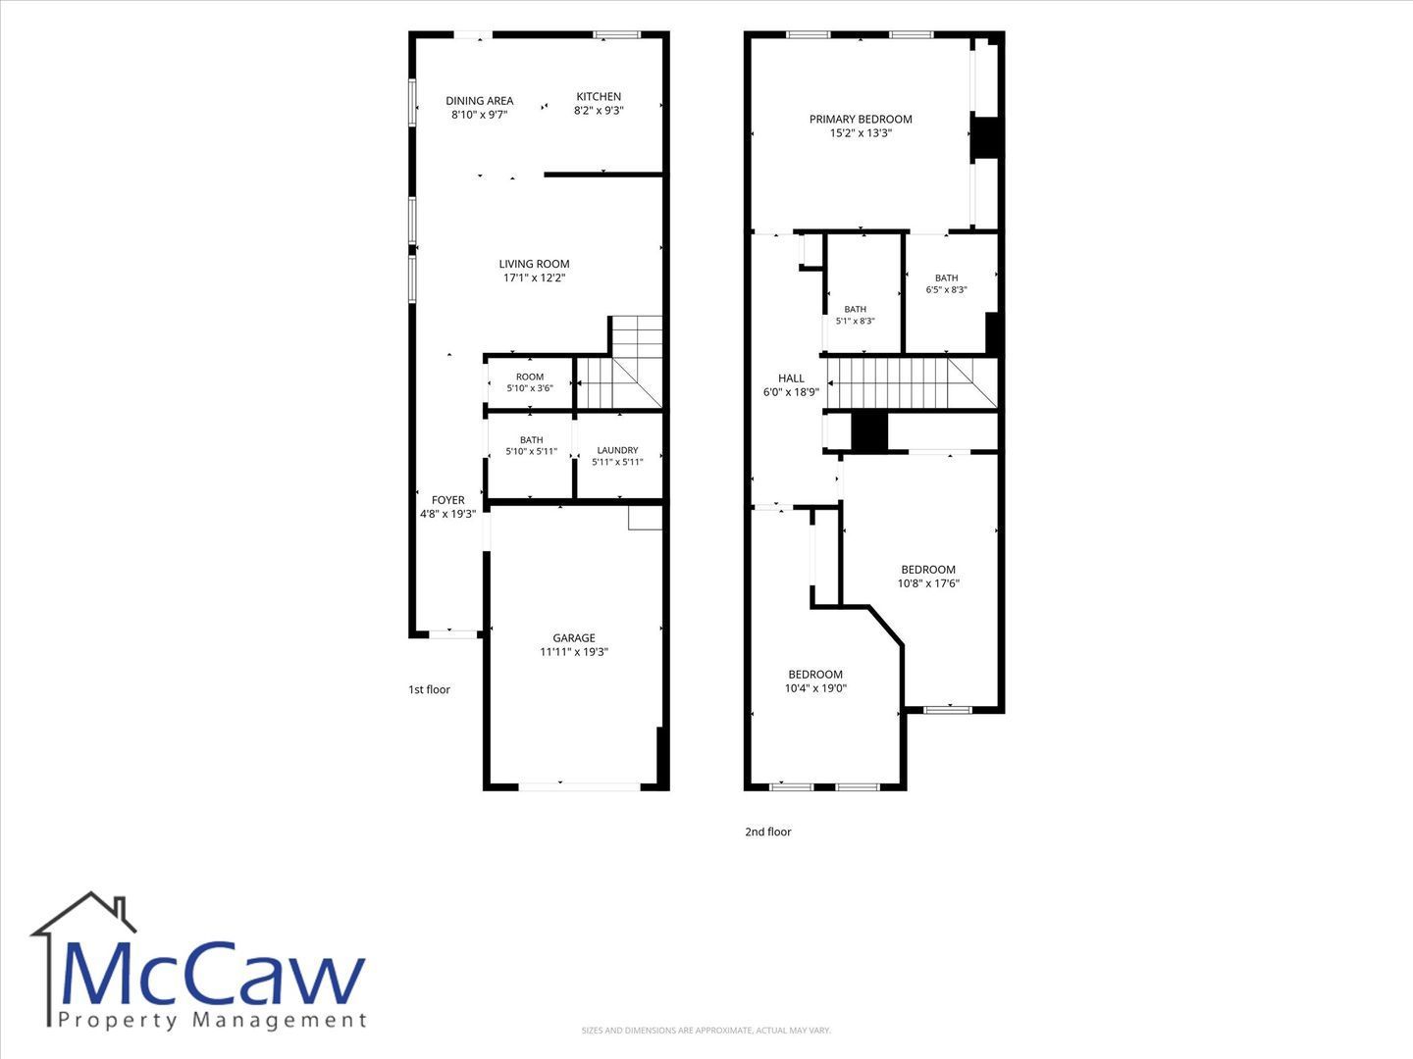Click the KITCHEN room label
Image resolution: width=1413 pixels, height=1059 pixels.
click(599, 96)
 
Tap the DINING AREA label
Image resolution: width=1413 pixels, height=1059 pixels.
click(480, 101)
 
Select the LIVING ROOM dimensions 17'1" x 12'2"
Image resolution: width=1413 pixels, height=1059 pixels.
click(535, 277)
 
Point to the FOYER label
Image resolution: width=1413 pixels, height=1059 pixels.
click(448, 500)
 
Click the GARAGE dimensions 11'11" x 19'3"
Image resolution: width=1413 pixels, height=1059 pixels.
click(574, 651)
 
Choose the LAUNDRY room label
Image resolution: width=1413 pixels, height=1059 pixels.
click(617, 450)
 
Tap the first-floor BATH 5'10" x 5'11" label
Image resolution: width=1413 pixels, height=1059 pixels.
click(531, 445)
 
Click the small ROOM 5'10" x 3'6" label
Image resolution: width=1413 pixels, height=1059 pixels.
click(530, 382)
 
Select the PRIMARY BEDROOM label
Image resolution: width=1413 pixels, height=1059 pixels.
click(861, 119)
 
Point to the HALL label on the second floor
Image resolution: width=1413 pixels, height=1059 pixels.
click(791, 378)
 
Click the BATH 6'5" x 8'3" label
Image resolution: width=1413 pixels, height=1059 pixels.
click(946, 283)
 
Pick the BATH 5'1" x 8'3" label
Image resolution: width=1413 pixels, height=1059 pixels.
click(855, 315)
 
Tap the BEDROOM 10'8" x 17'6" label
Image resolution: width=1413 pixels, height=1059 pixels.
click(928, 577)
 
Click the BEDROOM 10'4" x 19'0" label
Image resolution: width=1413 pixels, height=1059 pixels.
click(815, 681)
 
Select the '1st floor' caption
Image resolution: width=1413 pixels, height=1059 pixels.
click(429, 689)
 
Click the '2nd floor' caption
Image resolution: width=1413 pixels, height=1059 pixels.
click(768, 832)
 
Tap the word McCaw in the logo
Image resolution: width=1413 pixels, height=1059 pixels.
click(212, 975)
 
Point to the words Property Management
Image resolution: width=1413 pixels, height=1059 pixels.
click(212, 1021)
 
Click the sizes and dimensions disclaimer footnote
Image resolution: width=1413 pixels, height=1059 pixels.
click(706, 1030)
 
